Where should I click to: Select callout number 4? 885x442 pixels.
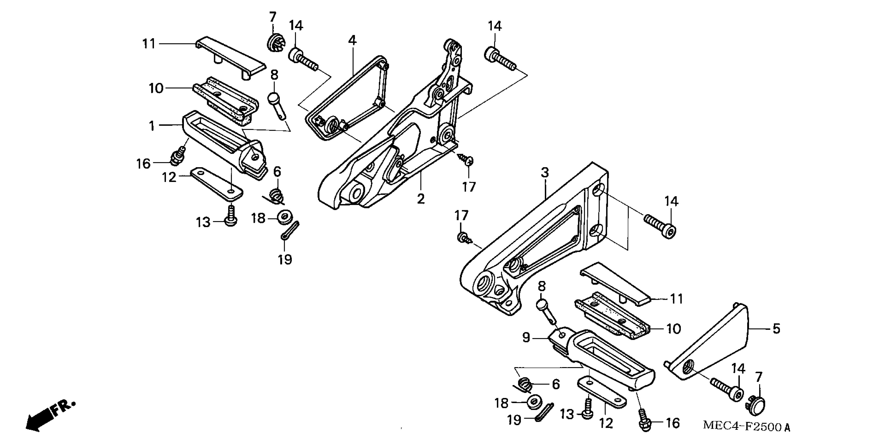coord(352,41)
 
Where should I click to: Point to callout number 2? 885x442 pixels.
coord(421,198)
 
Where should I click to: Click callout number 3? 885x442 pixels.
coord(545,172)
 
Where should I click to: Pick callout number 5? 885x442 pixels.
coord(776,329)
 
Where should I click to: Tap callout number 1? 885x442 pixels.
coord(152,126)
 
